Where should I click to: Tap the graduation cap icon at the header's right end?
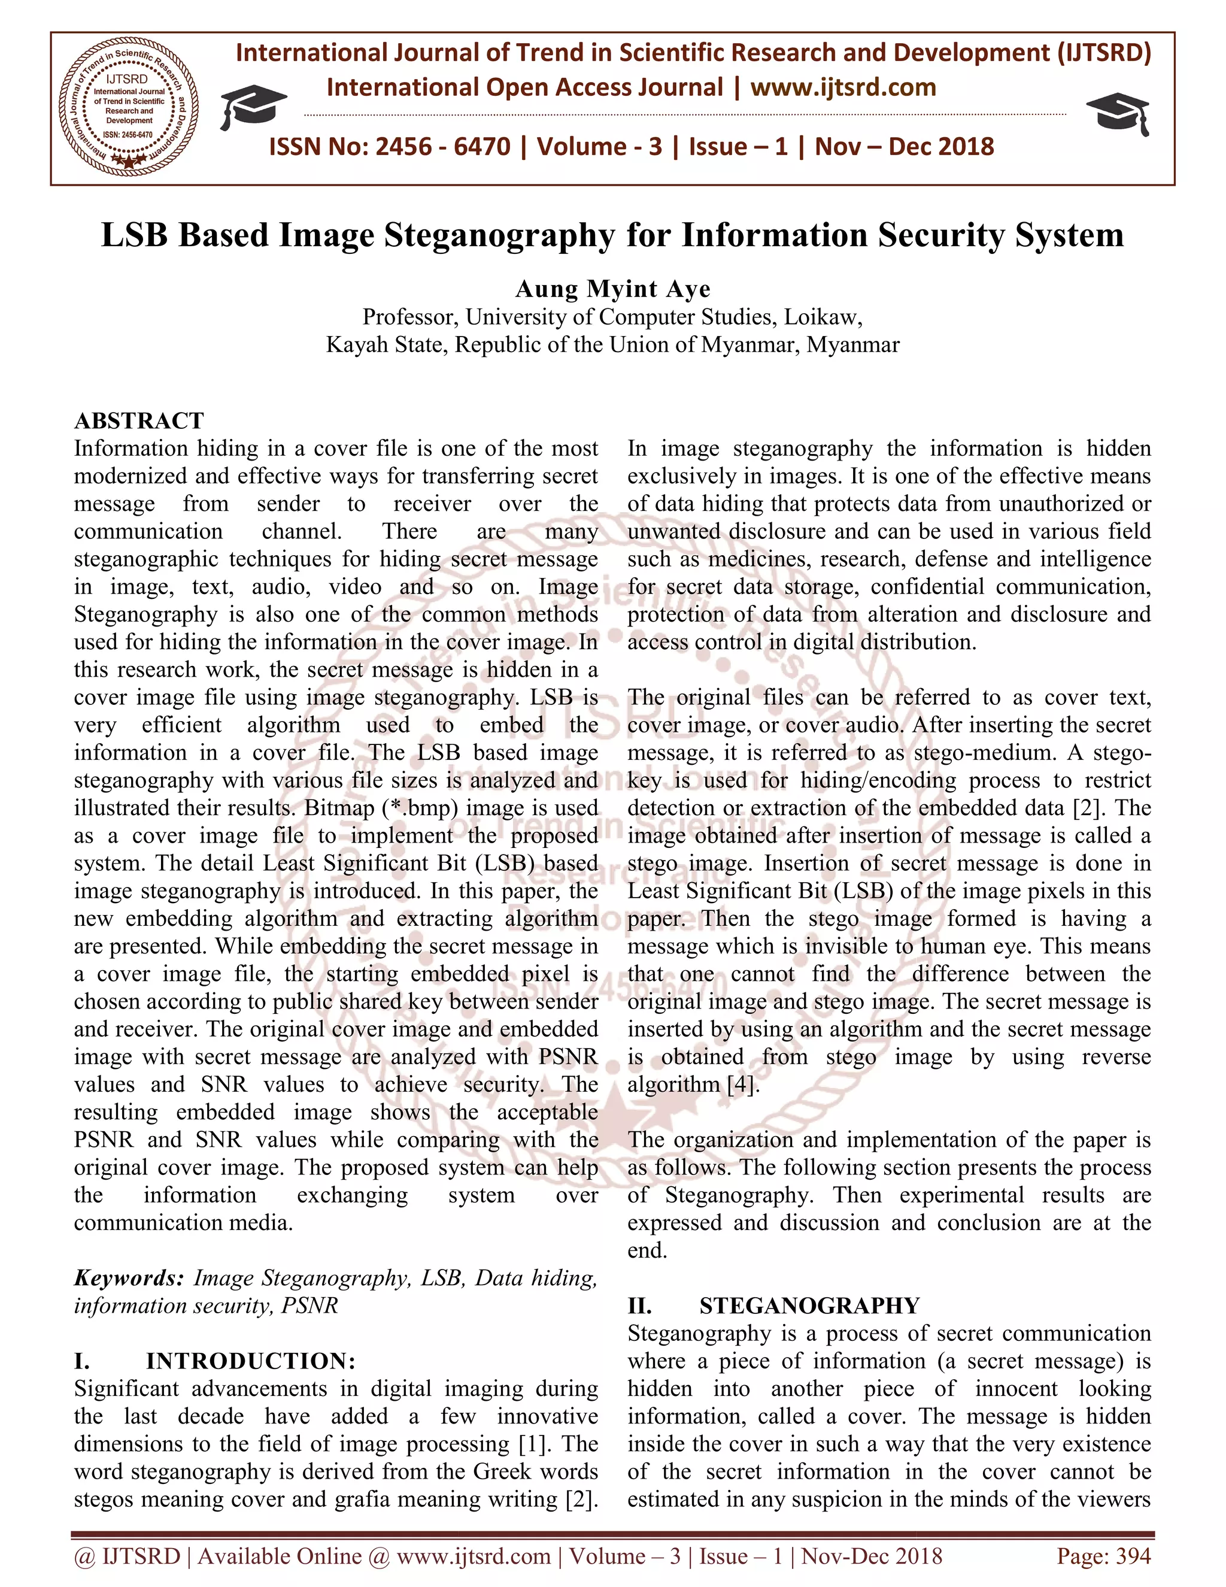1118,113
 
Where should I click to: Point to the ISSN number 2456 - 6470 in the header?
443,147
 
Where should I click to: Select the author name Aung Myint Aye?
613,289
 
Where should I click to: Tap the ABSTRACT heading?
139,421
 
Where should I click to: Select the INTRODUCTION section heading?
251,1361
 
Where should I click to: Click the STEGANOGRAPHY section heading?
809,1306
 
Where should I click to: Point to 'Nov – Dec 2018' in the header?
905,147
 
